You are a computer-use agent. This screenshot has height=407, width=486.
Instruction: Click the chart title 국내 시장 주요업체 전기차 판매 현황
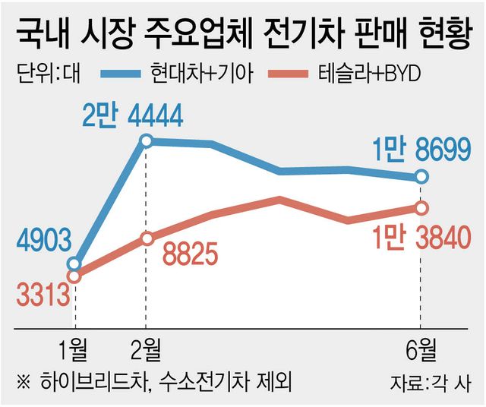243,33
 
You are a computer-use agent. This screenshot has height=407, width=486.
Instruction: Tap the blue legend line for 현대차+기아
120,74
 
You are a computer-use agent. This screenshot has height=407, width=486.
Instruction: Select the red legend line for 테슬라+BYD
289,74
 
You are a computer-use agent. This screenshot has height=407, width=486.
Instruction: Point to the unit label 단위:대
49,73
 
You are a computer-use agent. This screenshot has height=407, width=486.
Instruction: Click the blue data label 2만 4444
133,116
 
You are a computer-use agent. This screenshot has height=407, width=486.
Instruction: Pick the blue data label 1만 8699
421,150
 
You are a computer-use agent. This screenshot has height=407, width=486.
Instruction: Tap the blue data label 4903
44,241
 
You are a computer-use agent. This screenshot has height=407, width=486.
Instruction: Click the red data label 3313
43,295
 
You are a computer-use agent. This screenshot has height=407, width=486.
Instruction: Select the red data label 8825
191,254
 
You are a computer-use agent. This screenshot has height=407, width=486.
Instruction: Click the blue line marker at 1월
74,264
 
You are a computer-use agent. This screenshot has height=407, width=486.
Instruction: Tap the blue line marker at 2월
147,141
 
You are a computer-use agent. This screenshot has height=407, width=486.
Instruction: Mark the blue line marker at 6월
421,177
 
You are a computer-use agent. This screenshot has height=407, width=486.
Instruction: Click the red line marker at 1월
74,276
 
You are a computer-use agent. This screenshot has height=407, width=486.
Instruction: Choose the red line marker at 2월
147,238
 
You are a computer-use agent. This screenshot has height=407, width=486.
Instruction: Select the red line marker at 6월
421,208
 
